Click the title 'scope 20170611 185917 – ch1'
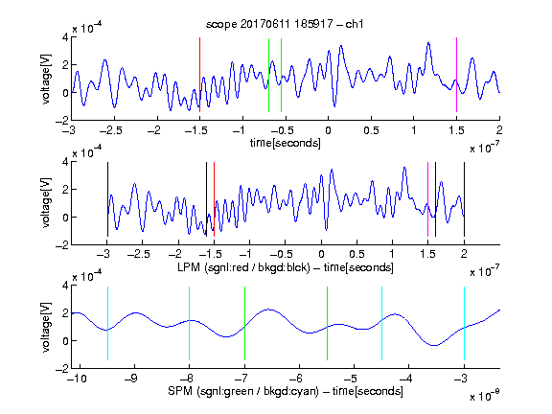coord(285,24)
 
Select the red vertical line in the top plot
coord(199,75)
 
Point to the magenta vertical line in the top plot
coord(456,75)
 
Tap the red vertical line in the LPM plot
coord(214,199)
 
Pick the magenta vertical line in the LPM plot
coord(427,199)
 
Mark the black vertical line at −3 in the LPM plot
coord(107,199)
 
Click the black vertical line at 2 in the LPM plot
coord(464,199)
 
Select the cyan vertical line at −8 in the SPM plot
coord(190,324)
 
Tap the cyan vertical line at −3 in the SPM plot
coord(464,324)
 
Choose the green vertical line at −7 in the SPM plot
coord(244,324)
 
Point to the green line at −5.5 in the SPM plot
coord(327,324)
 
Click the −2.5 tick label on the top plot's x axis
coord(110,130)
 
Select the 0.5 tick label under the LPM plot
coord(356,254)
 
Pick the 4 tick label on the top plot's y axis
coord(65,37)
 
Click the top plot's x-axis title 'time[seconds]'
coord(286,143)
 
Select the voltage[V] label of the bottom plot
coord(46,327)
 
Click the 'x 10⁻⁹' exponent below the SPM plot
coord(485,396)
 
